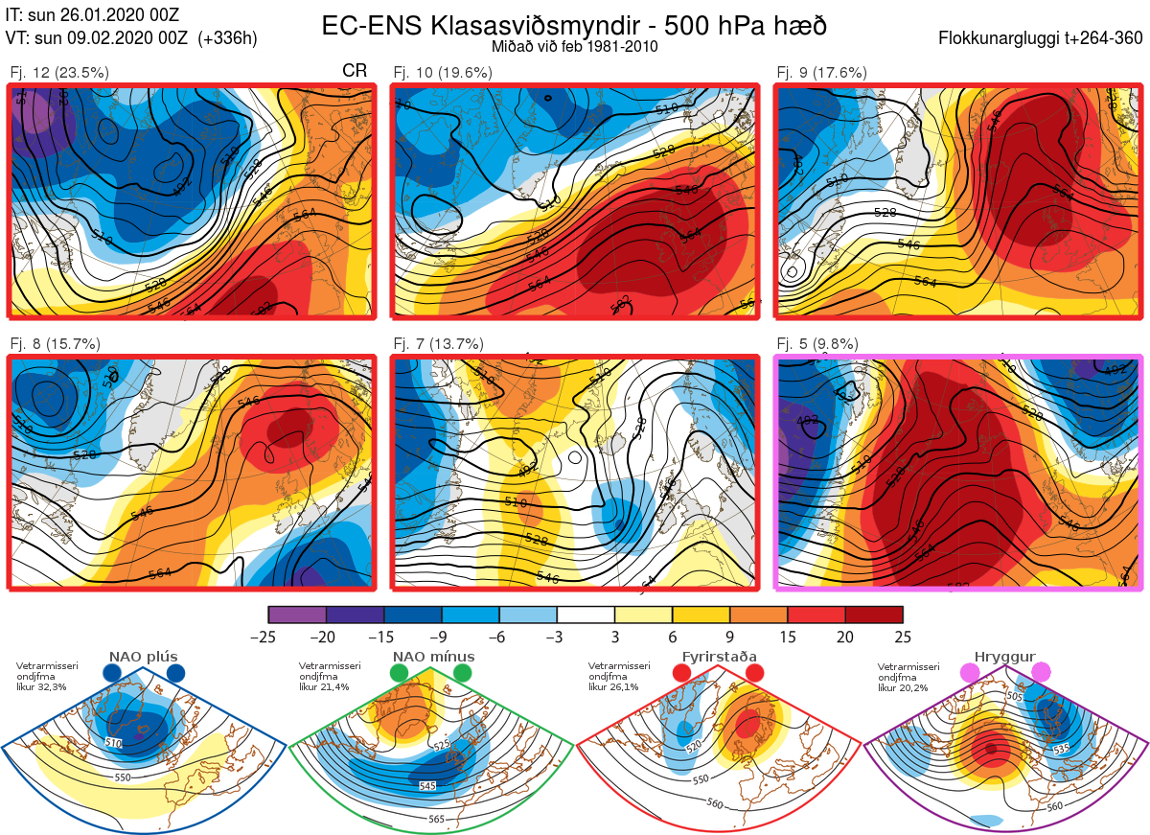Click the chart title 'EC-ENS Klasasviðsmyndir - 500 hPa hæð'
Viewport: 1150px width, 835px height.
[x=574, y=25]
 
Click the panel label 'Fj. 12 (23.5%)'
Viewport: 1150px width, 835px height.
[x=59, y=72]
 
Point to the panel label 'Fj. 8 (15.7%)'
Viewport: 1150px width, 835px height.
[x=55, y=343]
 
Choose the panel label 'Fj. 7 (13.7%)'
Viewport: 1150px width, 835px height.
[x=438, y=343]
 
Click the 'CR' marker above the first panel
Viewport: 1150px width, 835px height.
[x=355, y=72]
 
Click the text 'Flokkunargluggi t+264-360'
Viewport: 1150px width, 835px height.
[x=1043, y=38]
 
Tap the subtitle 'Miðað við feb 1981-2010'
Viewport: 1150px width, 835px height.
[x=574, y=46]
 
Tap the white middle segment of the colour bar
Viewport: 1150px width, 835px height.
[x=586, y=615]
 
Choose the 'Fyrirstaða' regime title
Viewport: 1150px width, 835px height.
[x=719, y=657]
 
